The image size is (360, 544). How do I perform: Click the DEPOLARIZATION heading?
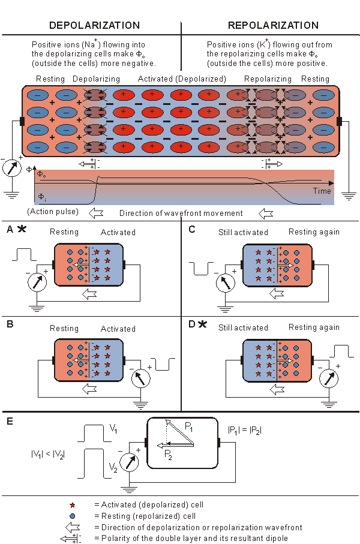click(x=95, y=25)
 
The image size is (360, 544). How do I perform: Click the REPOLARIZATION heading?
click(x=273, y=25)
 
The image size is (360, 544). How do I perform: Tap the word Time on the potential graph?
click(x=322, y=190)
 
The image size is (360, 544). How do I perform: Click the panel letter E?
click(x=10, y=422)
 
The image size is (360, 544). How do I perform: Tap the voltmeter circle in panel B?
click(x=139, y=378)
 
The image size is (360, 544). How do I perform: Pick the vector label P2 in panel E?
click(x=170, y=454)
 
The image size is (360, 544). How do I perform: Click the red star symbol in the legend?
click(x=73, y=505)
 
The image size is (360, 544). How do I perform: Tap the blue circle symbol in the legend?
click(x=73, y=516)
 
